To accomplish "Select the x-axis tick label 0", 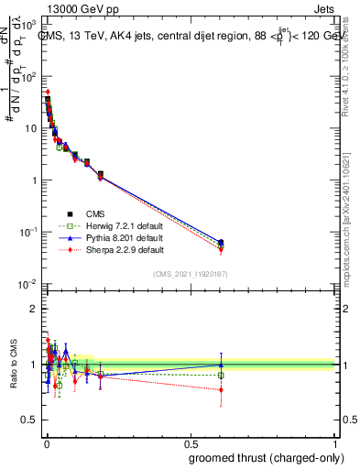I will (46, 442).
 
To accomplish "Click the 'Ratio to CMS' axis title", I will (11, 364).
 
